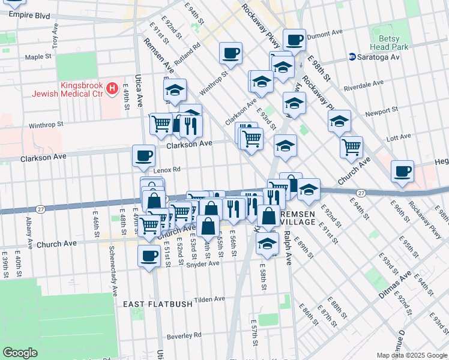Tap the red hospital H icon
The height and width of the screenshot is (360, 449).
[111, 89]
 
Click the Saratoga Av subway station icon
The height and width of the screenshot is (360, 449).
[353, 57]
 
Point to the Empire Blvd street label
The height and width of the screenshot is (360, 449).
[29, 14]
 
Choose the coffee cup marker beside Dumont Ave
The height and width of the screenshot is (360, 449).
[294, 40]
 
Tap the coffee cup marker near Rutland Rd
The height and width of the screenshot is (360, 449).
[231, 53]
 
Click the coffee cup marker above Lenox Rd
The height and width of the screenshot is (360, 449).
[143, 156]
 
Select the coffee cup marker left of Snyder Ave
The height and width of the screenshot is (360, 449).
[149, 256]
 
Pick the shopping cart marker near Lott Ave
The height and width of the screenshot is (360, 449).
[351, 146]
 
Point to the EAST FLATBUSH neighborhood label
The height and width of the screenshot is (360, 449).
[158, 304]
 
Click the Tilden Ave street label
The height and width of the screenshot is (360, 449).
[208, 299]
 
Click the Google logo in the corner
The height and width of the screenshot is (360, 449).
[20, 353]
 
